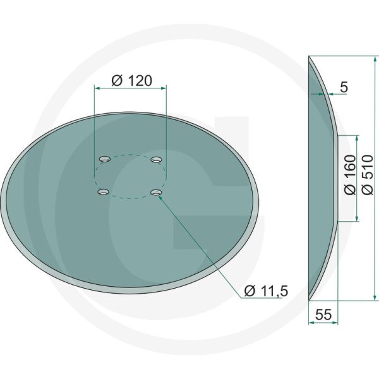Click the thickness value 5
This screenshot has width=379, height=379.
(x=344, y=88)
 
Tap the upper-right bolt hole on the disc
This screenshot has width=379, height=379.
(x=157, y=158)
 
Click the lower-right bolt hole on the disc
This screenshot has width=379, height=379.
(x=156, y=190)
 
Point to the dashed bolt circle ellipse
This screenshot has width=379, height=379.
(x=130, y=155)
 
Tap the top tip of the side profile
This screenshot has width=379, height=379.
(x=309, y=57)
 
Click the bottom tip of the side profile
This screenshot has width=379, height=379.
(x=309, y=299)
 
